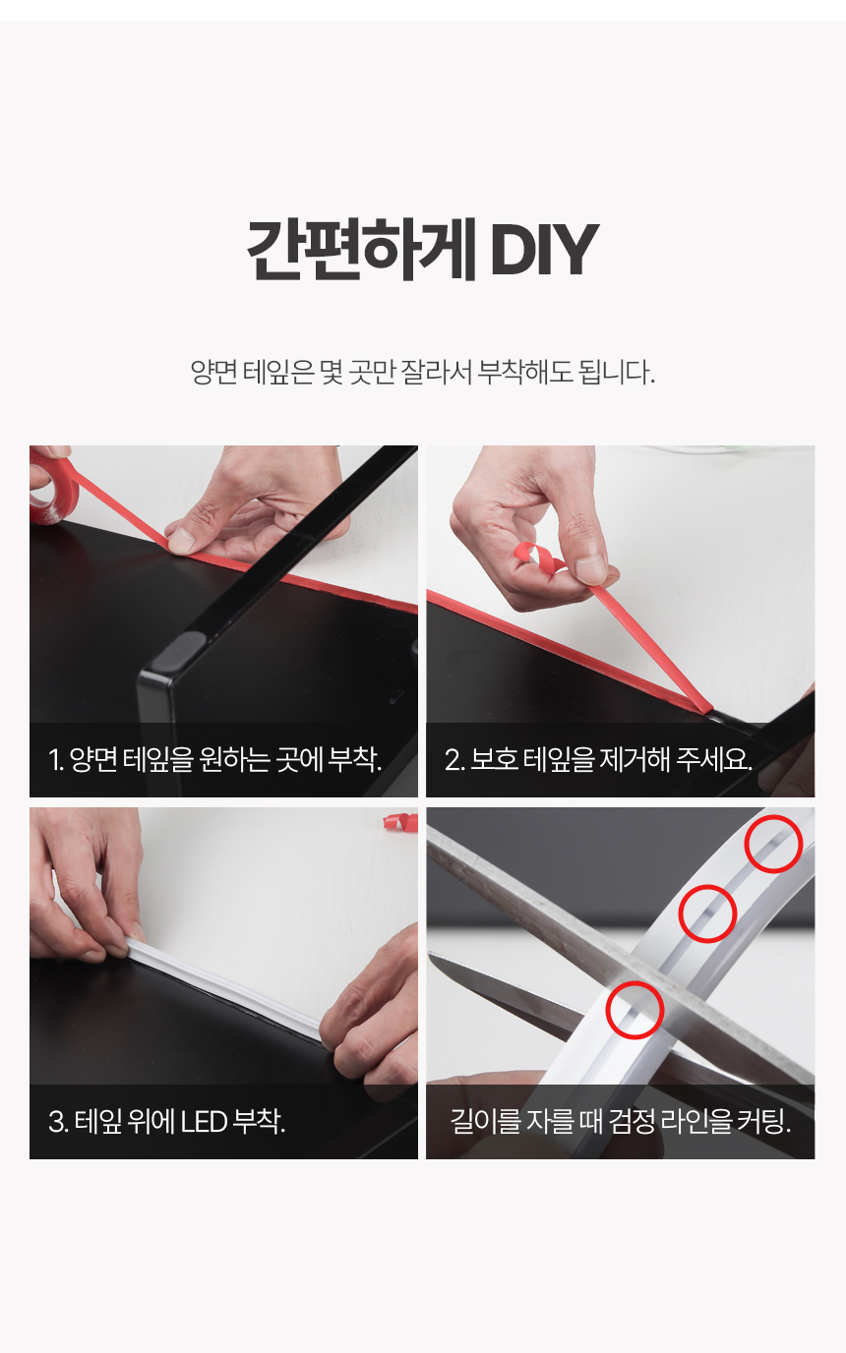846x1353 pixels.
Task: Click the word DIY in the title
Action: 544,250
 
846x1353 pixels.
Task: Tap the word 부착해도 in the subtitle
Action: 524,372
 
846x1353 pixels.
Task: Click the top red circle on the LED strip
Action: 773,844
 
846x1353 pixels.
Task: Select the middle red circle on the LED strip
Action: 707,913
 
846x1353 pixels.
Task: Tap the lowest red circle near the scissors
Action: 634,1010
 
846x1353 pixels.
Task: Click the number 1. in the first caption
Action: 56,760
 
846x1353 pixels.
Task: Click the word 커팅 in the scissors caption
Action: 761,1122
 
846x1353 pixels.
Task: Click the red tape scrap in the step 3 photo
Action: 400,822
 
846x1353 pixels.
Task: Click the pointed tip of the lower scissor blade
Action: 430,955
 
